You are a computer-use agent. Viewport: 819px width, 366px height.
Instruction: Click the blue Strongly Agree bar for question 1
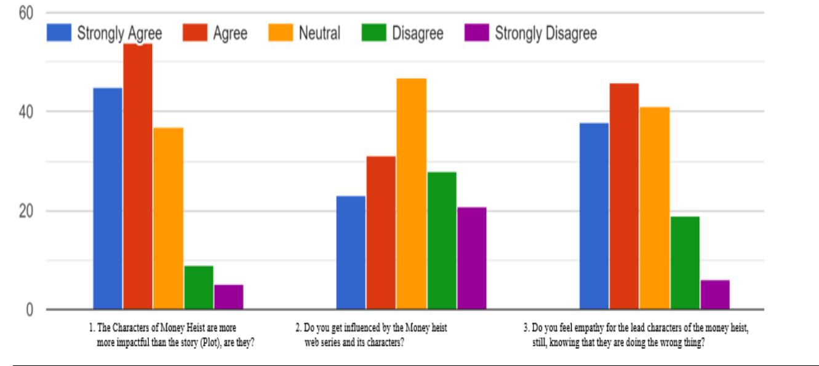tap(108, 198)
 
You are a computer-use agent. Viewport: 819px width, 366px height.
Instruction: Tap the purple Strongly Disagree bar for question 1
tap(229, 296)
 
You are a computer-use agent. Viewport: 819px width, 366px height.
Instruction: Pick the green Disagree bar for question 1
tap(198, 287)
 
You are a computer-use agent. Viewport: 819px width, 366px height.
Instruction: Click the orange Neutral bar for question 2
tap(411, 194)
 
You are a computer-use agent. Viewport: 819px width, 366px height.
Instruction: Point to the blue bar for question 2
tap(350, 252)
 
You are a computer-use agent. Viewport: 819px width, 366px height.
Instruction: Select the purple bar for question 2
tap(472, 258)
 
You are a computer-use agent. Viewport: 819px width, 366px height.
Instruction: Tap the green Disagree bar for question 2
tap(442, 241)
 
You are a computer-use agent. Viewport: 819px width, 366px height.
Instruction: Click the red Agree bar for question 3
tap(624, 196)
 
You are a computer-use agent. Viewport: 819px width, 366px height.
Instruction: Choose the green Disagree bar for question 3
tap(685, 263)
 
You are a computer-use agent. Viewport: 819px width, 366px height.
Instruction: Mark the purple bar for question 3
tap(715, 295)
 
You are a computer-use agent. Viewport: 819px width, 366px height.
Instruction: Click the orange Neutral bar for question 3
tap(654, 208)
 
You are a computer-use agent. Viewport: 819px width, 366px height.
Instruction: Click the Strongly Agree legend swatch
tap(59, 33)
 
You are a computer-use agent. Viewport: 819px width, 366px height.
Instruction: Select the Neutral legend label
tap(319, 33)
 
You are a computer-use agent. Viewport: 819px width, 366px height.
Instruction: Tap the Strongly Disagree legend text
tap(545, 33)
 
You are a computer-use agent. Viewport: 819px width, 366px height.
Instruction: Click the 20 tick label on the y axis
tap(22, 211)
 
